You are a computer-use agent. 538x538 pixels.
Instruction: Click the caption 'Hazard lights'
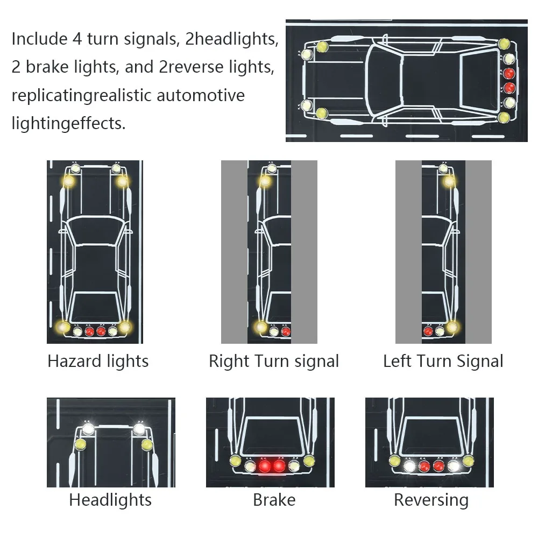[98, 362]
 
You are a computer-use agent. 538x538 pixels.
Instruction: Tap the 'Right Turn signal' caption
[274, 362]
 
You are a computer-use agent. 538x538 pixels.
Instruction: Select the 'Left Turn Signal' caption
[443, 362]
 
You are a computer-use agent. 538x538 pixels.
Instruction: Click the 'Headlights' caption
[110, 500]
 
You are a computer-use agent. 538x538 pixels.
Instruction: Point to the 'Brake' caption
[274, 500]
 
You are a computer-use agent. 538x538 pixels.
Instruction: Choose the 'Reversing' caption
[431, 500]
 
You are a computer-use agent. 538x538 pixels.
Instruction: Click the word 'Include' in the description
[39, 39]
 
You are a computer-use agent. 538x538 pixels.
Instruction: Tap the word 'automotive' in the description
[200, 95]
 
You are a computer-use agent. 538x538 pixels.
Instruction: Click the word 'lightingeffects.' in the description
[69, 124]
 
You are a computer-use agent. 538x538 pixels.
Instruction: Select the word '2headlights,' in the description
[231, 39]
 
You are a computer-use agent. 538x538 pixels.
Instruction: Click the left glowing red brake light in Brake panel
[265, 466]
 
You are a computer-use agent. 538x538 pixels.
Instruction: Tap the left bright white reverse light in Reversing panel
[409, 466]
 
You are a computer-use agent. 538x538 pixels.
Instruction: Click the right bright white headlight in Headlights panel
[139, 429]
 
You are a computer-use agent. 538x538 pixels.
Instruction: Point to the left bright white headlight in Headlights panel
[89, 429]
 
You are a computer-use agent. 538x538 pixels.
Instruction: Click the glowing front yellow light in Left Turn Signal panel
[449, 181]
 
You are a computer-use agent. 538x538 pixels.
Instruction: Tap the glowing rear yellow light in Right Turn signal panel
[261, 327]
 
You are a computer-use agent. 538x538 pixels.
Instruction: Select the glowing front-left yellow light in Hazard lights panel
[69, 181]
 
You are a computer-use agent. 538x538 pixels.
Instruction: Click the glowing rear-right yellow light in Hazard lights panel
[124, 327]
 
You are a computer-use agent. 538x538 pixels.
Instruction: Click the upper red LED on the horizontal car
[509, 73]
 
